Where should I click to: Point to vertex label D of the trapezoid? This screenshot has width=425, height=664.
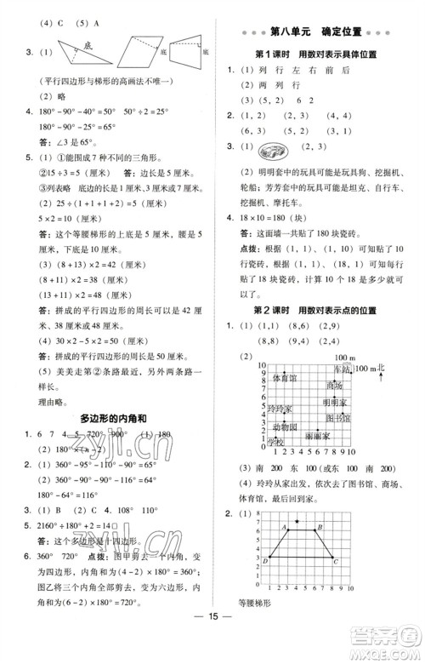pyautogui.click(x=267, y=558)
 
